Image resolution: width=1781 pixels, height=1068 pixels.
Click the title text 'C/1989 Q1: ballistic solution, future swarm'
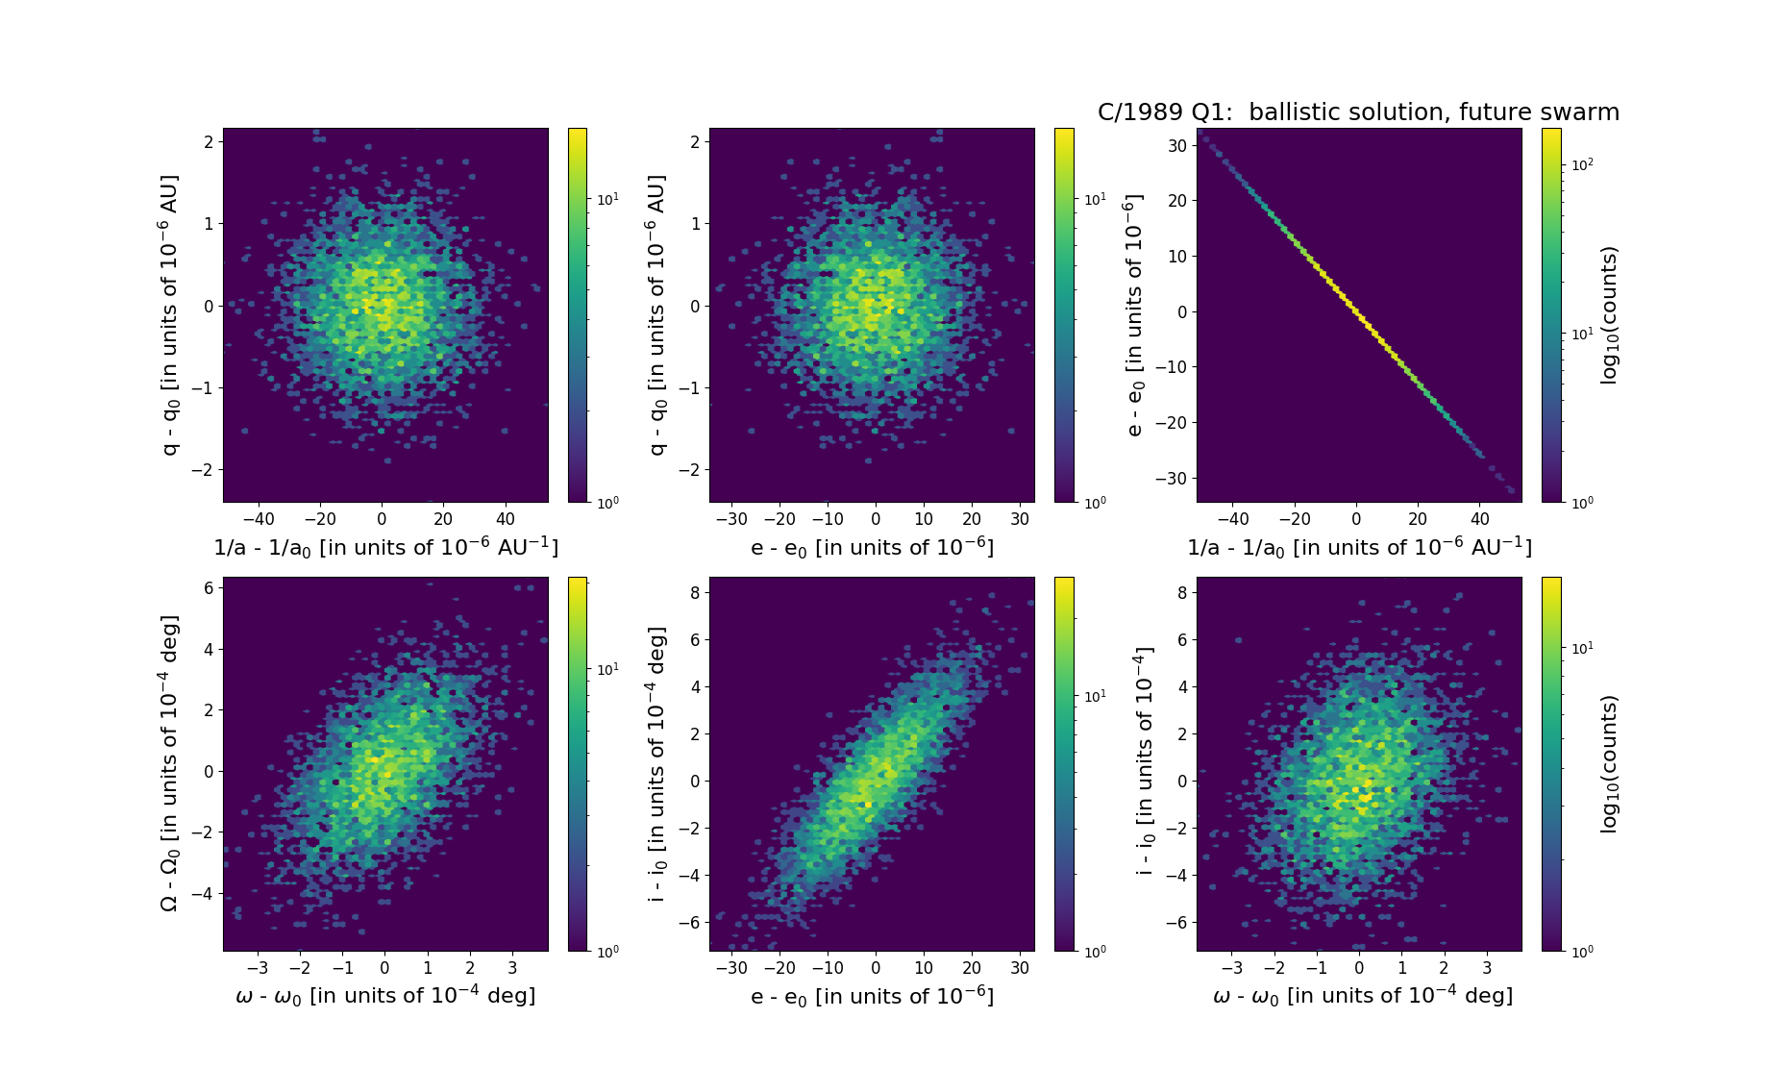[x=1358, y=112]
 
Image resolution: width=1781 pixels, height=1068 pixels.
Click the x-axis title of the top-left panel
[x=385, y=547]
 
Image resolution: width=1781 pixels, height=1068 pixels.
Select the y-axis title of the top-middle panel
[x=656, y=314]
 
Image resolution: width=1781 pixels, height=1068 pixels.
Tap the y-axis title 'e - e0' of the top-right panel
[x=1135, y=314]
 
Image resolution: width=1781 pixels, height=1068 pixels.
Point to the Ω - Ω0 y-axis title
[x=168, y=763]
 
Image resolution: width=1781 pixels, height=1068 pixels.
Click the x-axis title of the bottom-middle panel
[x=872, y=996]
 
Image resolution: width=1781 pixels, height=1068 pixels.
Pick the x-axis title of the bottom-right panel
[x=1363, y=996]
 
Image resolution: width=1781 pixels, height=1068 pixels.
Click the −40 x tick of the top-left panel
[x=259, y=519]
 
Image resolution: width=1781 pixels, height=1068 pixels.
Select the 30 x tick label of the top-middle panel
[x=1020, y=519]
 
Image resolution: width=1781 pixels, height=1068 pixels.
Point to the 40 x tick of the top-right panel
[x=1479, y=519]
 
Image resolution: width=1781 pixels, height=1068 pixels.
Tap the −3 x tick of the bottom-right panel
[x=1231, y=968]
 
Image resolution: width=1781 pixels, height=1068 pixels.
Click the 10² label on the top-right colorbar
[x=1582, y=164]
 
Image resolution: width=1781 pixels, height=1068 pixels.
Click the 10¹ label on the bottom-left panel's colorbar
[x=608, y=669]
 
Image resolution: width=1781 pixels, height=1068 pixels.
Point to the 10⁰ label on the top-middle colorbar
[x=1095, y=502]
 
